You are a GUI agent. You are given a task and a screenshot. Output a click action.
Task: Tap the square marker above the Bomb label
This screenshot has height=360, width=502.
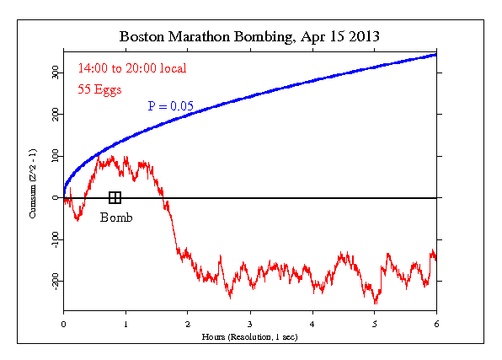tap(115, 197)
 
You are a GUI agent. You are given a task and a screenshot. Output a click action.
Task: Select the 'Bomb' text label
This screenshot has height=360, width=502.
tap(116, 218)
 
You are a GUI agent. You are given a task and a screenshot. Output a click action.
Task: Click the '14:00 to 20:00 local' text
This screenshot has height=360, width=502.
tap(131, 68)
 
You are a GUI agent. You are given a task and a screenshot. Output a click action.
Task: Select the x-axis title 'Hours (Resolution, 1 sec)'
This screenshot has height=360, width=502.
tap(250, 336)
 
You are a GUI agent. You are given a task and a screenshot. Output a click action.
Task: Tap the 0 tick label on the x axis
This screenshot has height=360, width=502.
tap(63, 323)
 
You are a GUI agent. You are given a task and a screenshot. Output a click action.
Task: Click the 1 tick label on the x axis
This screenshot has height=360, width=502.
tap(125, 323)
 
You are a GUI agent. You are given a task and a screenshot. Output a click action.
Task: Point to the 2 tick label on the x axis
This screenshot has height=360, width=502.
tap(188, 323)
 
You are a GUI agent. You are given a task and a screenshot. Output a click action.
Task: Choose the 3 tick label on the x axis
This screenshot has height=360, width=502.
tap(250, 323)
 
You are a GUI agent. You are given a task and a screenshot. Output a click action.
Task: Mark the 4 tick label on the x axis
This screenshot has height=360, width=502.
tap(312, 323)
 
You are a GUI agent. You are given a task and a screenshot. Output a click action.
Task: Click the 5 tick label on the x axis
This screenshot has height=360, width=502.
tap(375, 323)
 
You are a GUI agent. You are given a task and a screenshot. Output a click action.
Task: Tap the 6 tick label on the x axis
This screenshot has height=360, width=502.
tap(436, 323)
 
